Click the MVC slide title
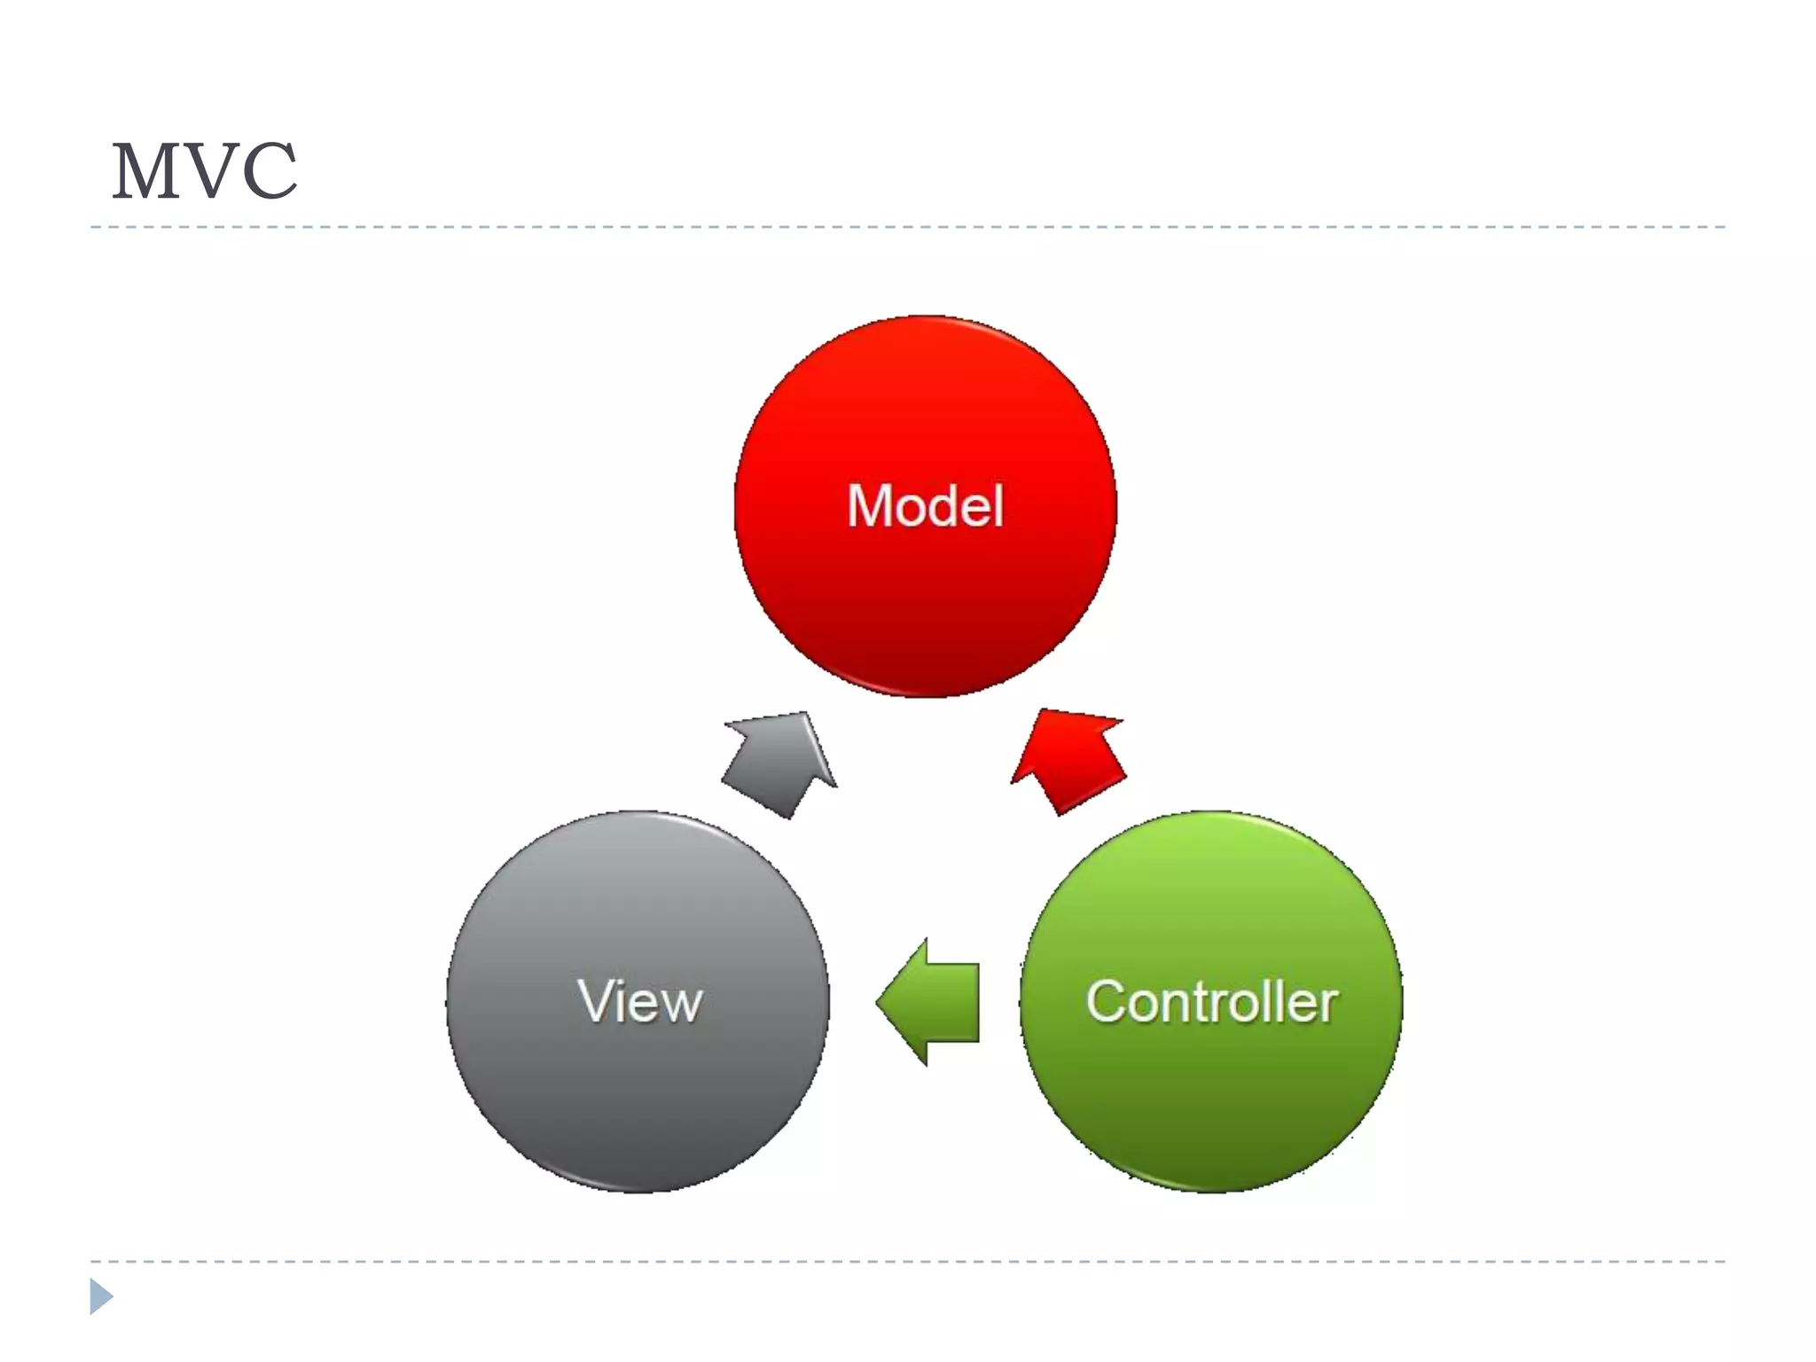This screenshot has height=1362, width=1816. click(x=204, y=172)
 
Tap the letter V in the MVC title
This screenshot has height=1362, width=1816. click(x=209, y=172)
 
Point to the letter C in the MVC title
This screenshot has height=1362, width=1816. click(x=269, y=172)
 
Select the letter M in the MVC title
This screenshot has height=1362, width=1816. click(x=145, y=172)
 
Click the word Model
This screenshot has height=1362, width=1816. click(x=925, y=506)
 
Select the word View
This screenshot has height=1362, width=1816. click(x=639, y=1002)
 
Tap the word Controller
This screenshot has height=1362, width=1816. click(x=1211, y=1002)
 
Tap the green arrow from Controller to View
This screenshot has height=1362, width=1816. click(x=935, y=1002)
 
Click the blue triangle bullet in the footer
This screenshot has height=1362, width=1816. click(x=100, y=1296)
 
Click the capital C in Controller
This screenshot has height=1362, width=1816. click(x=1107, y=1002)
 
